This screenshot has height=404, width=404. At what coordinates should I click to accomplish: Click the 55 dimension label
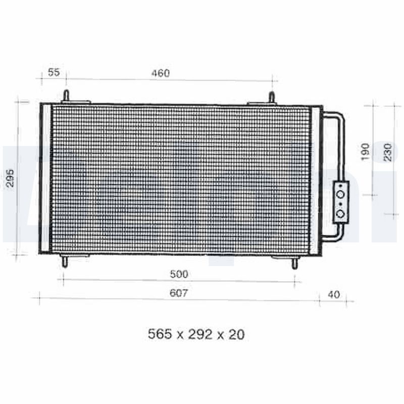pos(54,73)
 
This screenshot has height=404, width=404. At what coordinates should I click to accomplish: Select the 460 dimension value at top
pos(161,73)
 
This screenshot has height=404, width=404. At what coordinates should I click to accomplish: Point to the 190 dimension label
pos(366,151)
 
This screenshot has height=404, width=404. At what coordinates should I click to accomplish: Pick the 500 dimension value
pos(179,274)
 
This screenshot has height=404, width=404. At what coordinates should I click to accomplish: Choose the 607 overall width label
pos(179,293)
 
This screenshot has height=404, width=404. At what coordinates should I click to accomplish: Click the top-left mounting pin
pos(66,96)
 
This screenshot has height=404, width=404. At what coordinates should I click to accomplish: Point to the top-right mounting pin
pos(271,97)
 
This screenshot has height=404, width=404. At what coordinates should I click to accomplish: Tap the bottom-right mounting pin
pos(295,263)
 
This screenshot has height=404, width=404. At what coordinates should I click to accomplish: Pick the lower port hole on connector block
pos(341,214)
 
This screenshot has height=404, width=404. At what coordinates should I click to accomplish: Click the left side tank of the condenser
pos(45,179)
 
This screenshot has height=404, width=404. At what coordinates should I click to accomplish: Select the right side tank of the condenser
pos(315,179)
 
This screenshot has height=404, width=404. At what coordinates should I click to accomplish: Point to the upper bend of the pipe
pos(341,116)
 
